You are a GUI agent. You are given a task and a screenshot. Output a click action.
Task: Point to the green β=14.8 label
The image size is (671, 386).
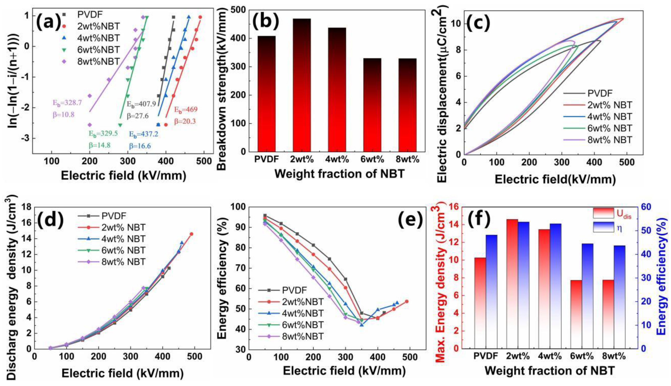click(x=99, y=145)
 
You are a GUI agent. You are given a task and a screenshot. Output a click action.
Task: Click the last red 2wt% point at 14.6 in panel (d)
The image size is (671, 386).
click(x=191, y=234)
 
